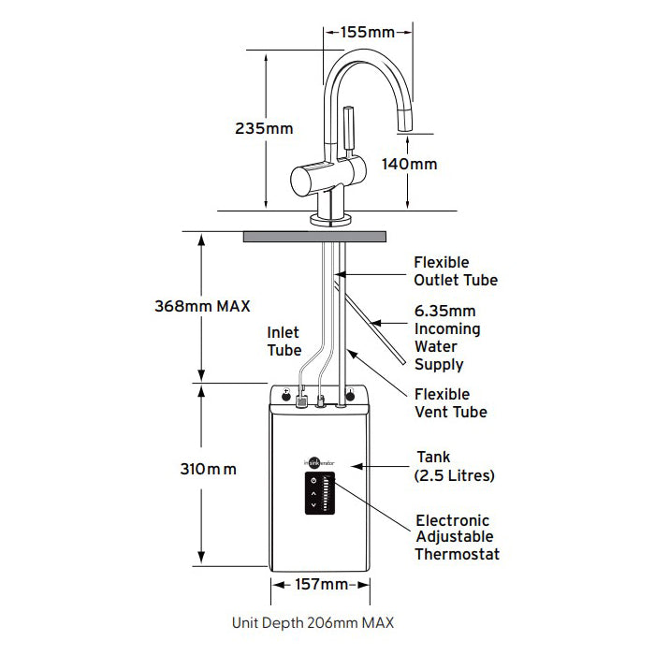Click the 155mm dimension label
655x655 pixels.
[x=368, y=32]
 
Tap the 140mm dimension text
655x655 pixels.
[x=409, y=164]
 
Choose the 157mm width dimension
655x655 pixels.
[x=321, y=585]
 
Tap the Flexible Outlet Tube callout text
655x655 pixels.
[x=455, y=271]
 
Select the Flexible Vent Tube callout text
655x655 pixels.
[x=455, y=403]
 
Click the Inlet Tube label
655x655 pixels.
[x=284, y=341]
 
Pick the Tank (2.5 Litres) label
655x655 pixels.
[x=454, y=466]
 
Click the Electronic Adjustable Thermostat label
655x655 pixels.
[x=457, y=537]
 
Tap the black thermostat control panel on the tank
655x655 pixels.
[x=319, y=494]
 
